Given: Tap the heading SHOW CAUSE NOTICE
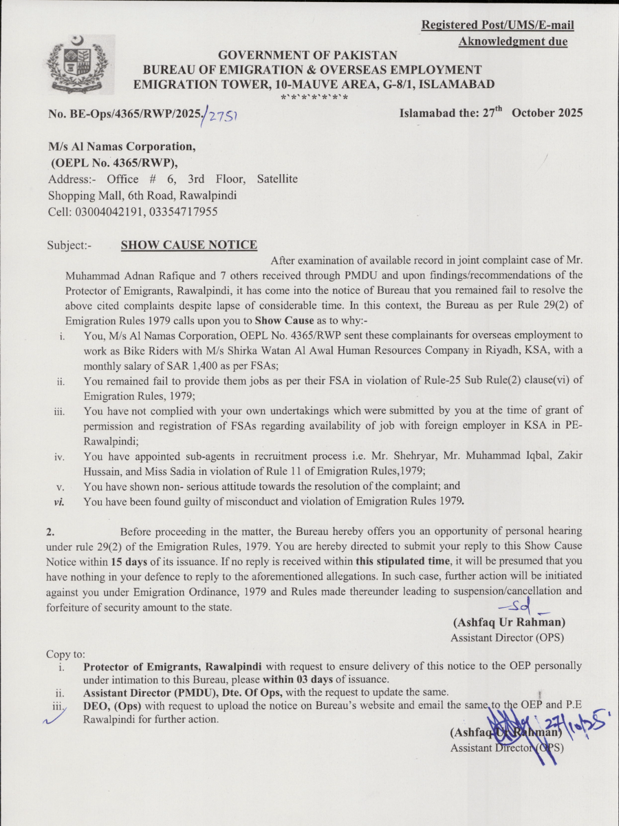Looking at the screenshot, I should pyautogui.click(x=189, y=245).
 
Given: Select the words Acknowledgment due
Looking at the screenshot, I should pyautogui.click(x=513, y=42).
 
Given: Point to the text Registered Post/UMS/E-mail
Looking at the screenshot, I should pyautogui.click(x=497, y=25).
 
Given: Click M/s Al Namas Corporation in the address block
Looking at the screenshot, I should pyautogui.click(x=122, y=147).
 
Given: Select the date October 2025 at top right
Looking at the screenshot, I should pyautogui.click(x=547, y=113).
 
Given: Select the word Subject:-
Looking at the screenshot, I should pyautogui.click(x=69, y=246).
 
